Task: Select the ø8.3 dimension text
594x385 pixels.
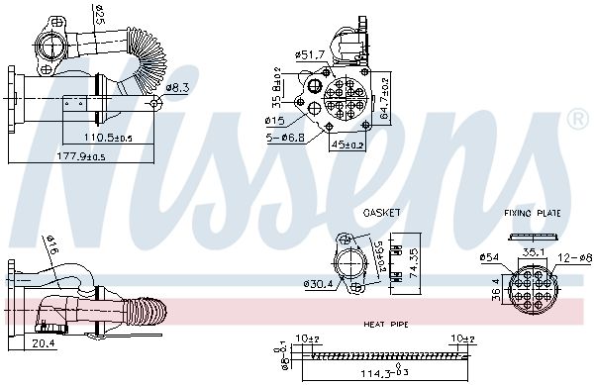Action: (177, 88)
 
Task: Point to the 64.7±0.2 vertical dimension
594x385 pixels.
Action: (386, 95)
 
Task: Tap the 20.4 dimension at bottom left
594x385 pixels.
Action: (42, 342)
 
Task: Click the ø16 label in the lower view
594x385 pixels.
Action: (50, 244)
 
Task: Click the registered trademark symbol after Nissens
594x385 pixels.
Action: (576, 120)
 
